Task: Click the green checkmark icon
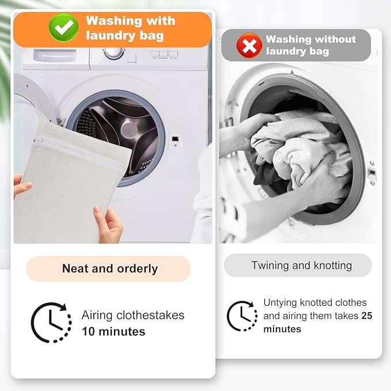click(x=63, y=27)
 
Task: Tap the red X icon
click(x=249, y=46)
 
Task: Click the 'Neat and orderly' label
click(x=109, y=268)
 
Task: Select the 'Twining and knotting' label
click(x=301, y=265)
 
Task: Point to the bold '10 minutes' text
click(x=113, y=331)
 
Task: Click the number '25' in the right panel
click(x=367, y=316)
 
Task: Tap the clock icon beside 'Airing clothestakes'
click(x=51, y=323)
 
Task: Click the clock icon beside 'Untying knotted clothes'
click(x=242, y=316)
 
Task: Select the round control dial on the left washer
click(x=113, y=52)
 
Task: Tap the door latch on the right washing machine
click(x=371, y=173)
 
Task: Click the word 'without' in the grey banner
click(x=334, y=40)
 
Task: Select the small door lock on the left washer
click(x=174, y=139)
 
